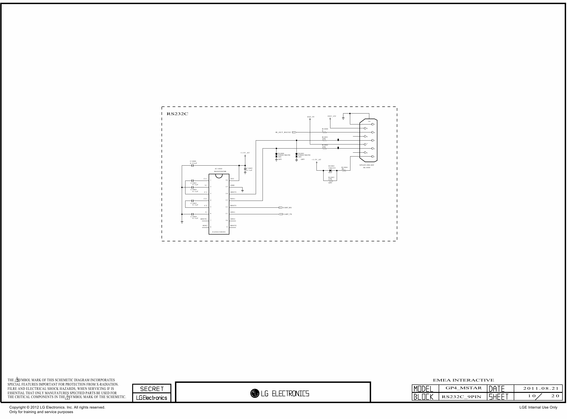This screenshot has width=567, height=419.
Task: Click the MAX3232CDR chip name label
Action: (x=220, y=172)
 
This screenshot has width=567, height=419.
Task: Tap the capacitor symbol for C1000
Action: (x=192, y=166)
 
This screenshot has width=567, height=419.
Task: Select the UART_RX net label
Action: (x=287, y=208)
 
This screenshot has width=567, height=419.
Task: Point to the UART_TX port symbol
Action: (x=281, y=214)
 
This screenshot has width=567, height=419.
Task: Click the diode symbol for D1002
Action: (x=330, y=170)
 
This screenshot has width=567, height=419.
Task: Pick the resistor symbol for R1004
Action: (x=344, y=170)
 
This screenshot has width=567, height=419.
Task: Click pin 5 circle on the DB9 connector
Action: (x=372, y=124)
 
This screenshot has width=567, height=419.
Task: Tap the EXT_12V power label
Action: (x=332, y=116)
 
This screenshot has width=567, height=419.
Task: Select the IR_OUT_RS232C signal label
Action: (x=283, y=132)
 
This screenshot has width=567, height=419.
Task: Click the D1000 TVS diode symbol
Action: (x=276, y=155)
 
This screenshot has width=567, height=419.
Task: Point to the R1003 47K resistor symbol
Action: (x=330, y=181)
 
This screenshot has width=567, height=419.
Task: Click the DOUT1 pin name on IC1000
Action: (x=233, y=192)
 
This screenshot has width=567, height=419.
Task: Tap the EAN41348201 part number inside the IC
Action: (x=219, y=232)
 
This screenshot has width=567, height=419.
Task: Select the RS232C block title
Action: (x=177, y=114)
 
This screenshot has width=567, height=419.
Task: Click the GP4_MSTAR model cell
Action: (x=463, y=388)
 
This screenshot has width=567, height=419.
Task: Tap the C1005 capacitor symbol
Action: (x=245, y=169)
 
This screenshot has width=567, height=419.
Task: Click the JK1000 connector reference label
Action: (x=366, y=168)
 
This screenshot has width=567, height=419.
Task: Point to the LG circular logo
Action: (x=254, y=393)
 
